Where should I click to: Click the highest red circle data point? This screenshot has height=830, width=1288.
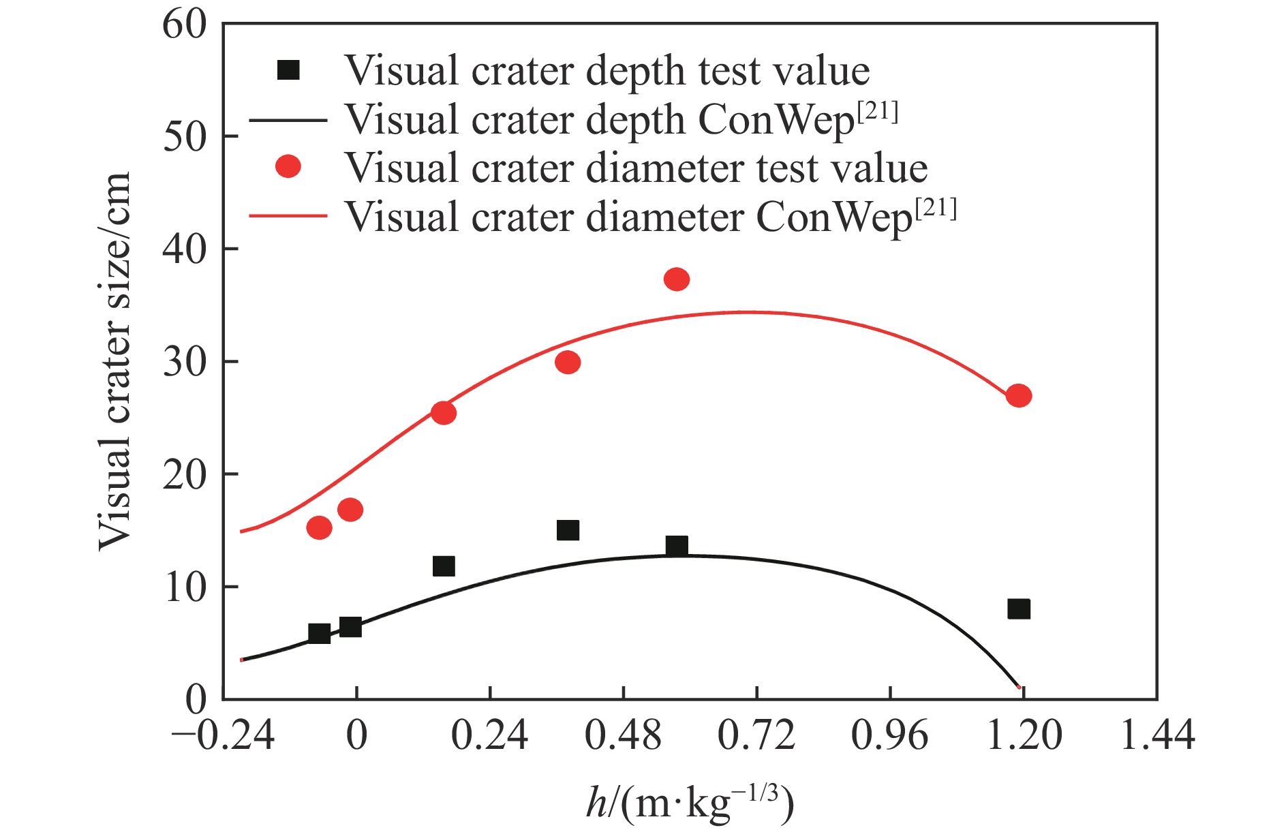pyautogui.click(x=676, y=279)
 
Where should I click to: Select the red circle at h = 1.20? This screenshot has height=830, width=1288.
pyautogui.click(x=1018, y=396)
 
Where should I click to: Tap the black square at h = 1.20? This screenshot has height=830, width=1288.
pyautogui.click(x=1018, y=609)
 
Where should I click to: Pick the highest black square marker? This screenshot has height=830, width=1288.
pyautogui.click(x=568, y=530)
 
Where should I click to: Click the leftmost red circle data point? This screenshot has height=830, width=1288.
pyautogui.click(x=319, y=527)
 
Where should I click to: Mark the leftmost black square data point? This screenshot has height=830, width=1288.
pyautogui.click(x=319, y=634)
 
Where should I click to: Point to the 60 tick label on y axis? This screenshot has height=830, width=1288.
pyautogui.click(x=184, y=25)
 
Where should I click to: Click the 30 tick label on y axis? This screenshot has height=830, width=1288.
pyautogui.click(x=184, y=362)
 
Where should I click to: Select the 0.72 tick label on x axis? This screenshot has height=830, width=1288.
pyautogui.click(x=756, y=736)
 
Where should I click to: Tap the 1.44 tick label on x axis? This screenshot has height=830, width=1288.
pyautogui.click(x=1157, y=736)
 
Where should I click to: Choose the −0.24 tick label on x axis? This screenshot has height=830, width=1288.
pyautogui.click(x=223, y=736)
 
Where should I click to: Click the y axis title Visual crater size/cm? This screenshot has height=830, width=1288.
pyautogui.click(x=114, y=361)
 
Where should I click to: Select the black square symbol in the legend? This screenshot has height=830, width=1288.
pyautogui.click(x=288, y=70)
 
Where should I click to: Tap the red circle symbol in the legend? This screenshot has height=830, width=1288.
pyautogui.click(x=288, y=167)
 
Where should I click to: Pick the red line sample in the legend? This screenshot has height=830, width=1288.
pyautogui.click(x=288, y=216)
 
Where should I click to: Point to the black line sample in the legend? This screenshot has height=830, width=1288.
pyautogui.click(x=288, y=120)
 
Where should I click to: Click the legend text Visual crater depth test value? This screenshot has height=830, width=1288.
pyautogui.click(x=607, y=70)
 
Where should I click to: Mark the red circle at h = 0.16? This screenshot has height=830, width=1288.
pyautogui.click(x=443, y=413)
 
